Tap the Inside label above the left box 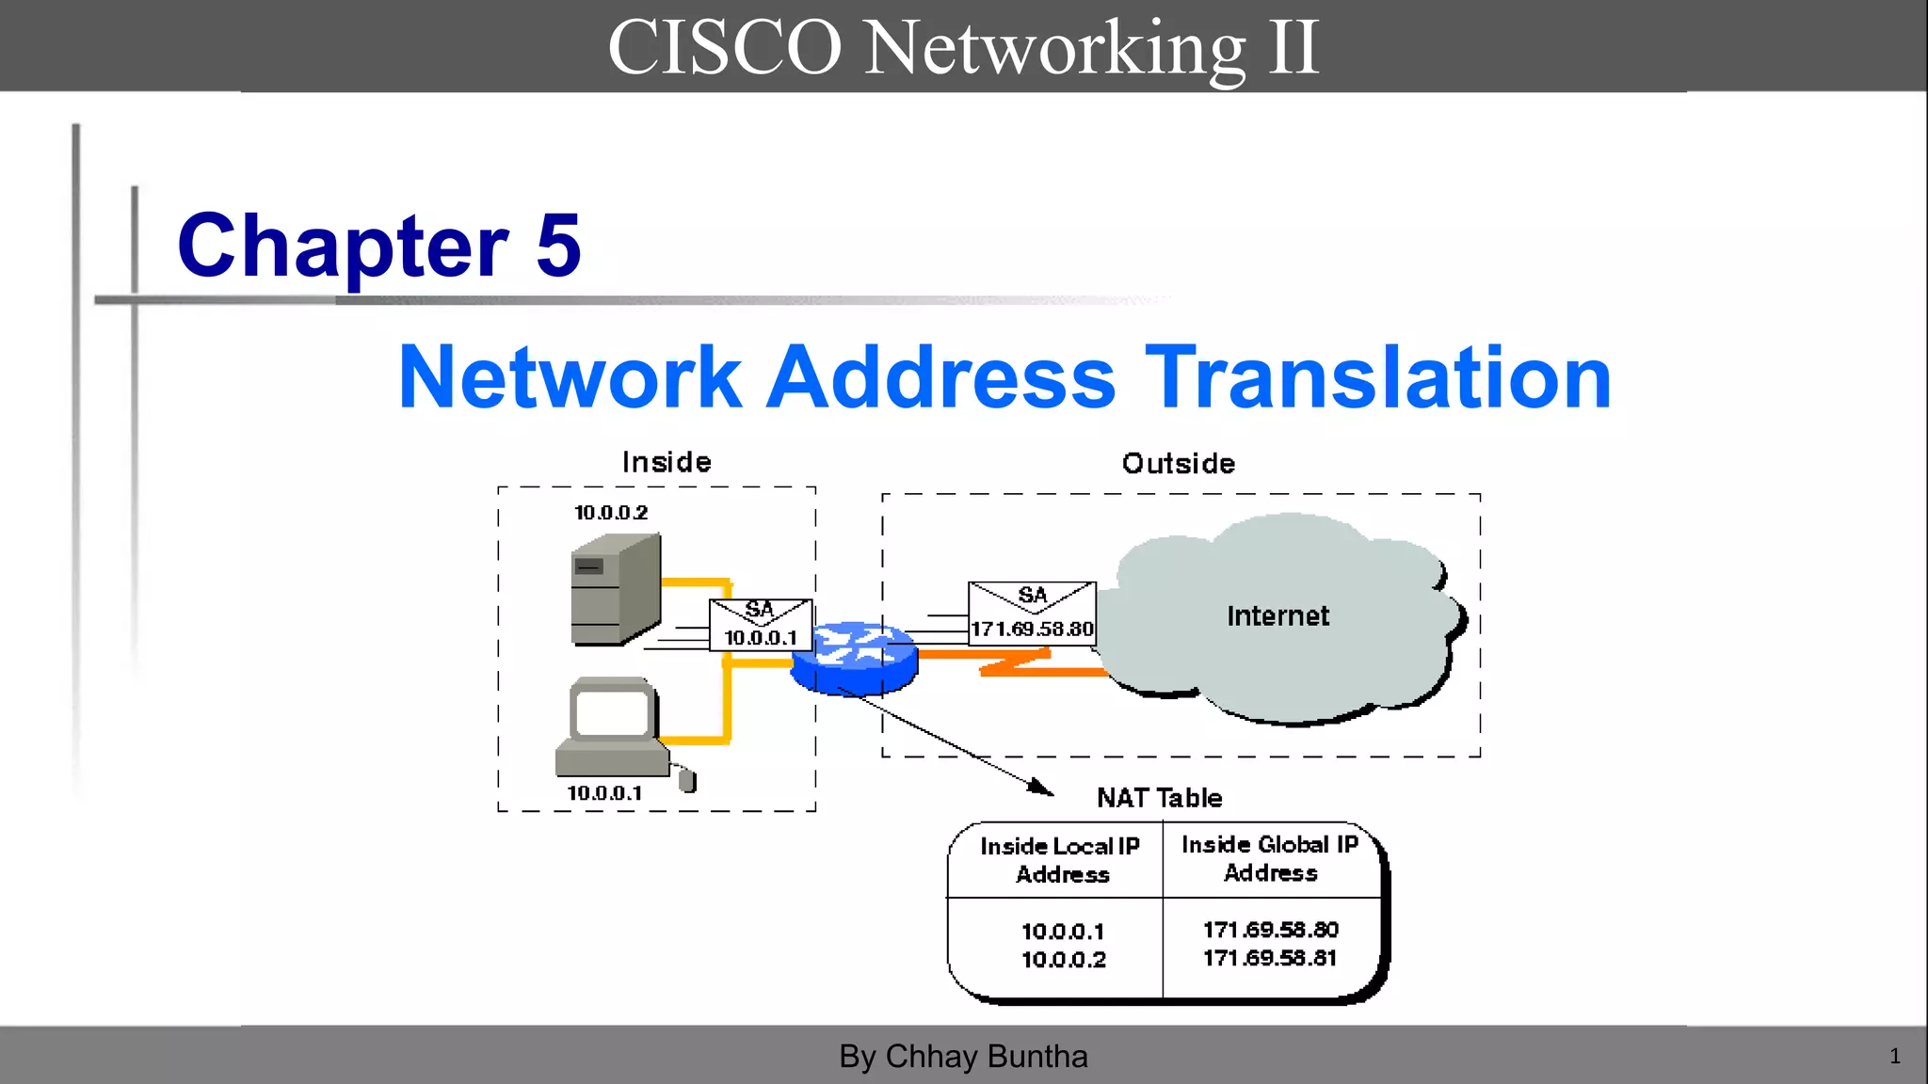click(667, 462)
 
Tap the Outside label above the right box click(1178, 464)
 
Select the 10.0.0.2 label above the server click(611, 513)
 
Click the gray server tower click(614, 590)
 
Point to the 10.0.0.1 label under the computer click(604, 793)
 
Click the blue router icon click(853, 658)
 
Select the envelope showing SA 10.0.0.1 click(761, 625)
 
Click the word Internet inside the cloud click(1277, 616)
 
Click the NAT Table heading click(1159, 798)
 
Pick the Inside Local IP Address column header click(1060, 860)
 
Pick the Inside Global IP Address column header click(1270, 858)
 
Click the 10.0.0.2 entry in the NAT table click(1064, 960)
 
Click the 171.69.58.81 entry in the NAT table click(1270, 958)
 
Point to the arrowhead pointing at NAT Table click(1042, 788)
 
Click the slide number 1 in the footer click(1894, 1057)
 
